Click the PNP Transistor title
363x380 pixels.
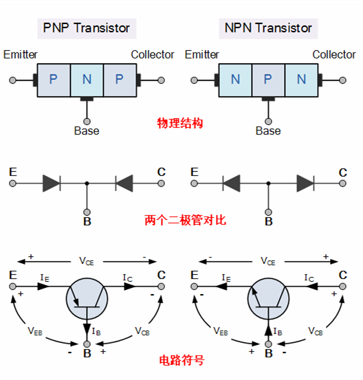click(87, 28)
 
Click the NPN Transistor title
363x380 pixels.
click(268, 28)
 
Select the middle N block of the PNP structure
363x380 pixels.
click(87, 79)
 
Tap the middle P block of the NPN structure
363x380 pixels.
click(268, 79)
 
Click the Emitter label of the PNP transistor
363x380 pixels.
click(21, 54)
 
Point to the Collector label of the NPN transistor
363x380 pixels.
click(334, 54)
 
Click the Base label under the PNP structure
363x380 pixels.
click(87, 131)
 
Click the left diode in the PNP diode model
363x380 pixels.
click(52, 183)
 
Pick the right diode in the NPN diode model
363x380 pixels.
click(305, 183)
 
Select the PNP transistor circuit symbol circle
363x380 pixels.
click(87, 298)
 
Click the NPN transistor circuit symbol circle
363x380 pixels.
click(268, 298)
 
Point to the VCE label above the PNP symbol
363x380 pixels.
click(87, 261)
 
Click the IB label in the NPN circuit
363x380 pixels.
click(278, 331)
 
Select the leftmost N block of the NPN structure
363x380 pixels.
click(235, 79)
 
